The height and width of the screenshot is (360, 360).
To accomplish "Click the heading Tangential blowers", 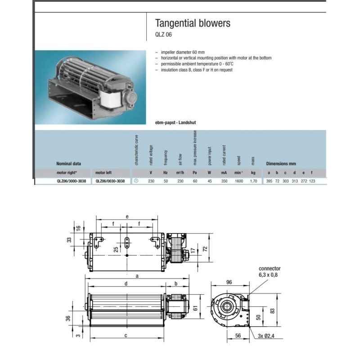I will tap(192, 23).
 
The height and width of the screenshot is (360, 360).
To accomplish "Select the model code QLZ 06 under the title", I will tap(164, 35).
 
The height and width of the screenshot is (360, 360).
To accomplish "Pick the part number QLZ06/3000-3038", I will tap(72, 181).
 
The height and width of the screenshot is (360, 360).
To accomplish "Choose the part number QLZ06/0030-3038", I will tap(110, 181).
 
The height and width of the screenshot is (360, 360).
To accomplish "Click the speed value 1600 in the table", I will tap(239, 181).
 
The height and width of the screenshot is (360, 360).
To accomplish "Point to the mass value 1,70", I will tap(253, 181).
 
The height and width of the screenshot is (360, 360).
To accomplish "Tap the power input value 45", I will tap(209, 181).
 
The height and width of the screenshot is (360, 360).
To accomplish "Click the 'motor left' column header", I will tap(103, 172).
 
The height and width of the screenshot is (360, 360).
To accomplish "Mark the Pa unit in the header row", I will tap(195, 172).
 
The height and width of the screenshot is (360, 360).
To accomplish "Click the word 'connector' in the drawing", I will tap(270, 269).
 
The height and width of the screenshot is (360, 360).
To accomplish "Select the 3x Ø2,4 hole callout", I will tap(269, 335).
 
